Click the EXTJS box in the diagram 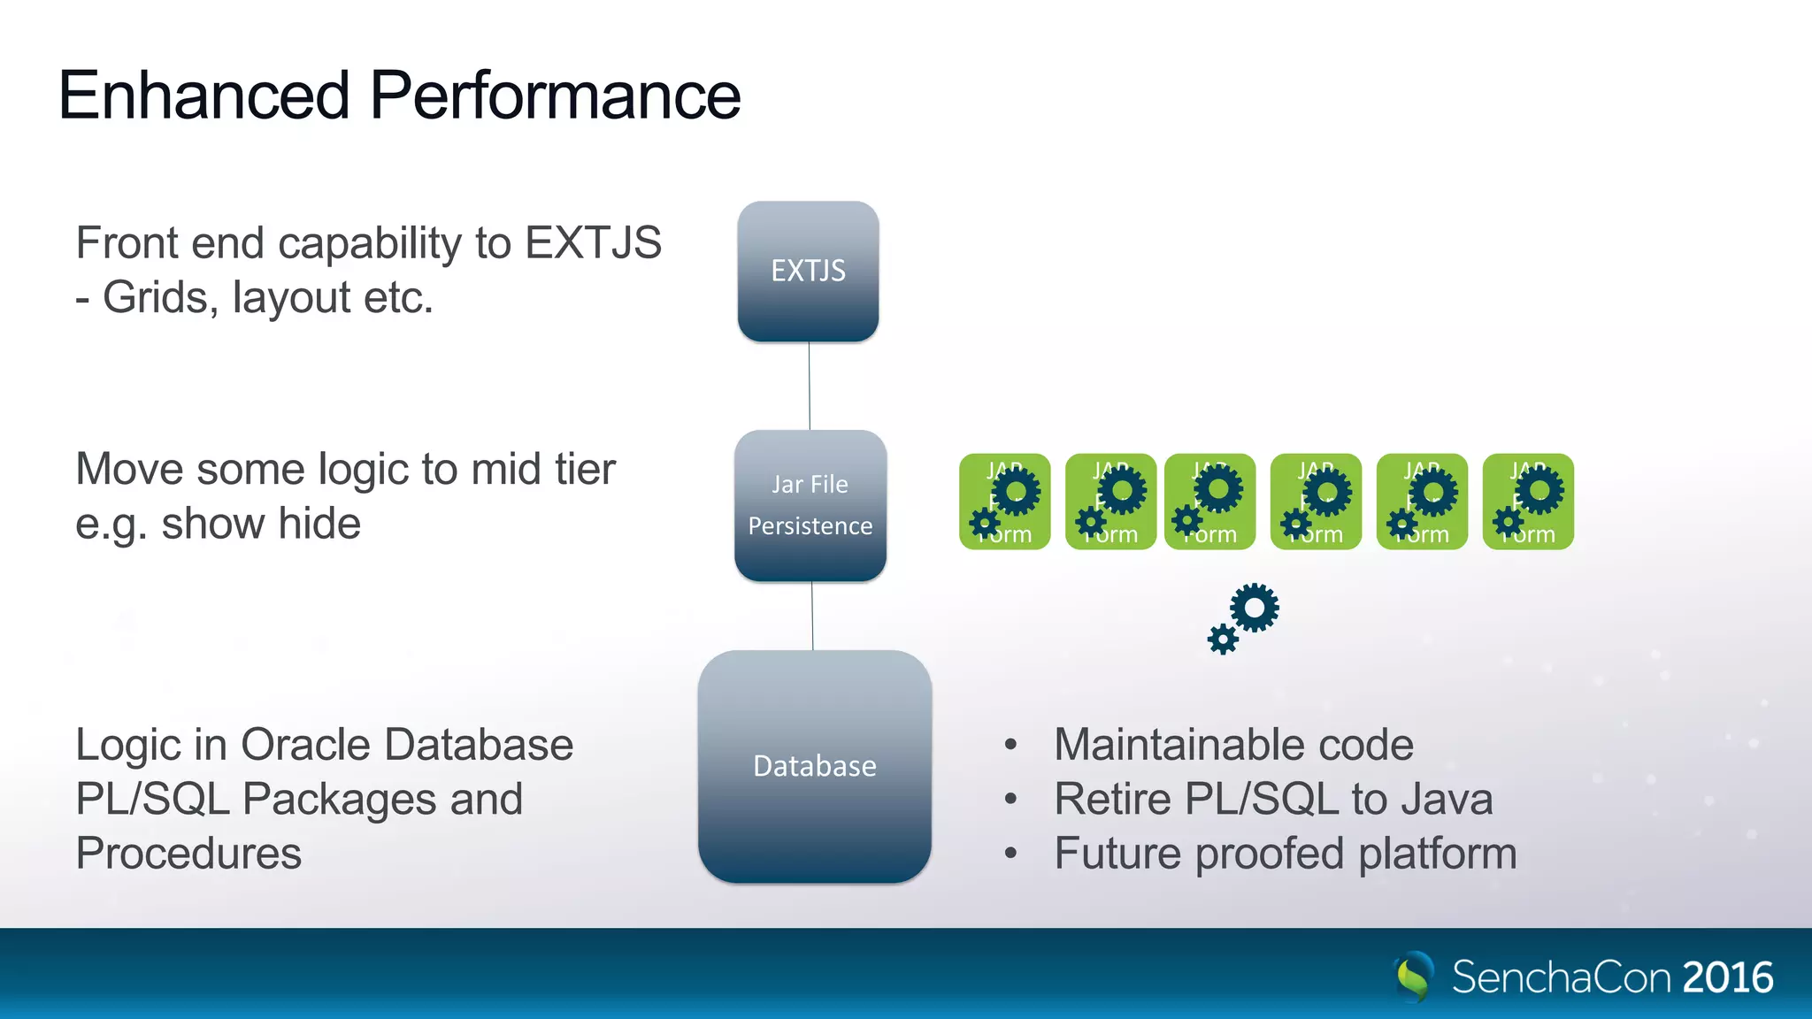pyautogui.click(x=808, y=271)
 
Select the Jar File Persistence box pyautogui.click(x=810, y=505)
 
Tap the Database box pyautogui.click(x=814, y=766)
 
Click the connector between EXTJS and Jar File pyautogui.click(x=809, y=386)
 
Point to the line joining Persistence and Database pyautogui.click(x=812, y=616)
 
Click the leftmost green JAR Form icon pyautogui.click(x=1004, y=502)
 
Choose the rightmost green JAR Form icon pyautogui.click(x=1528, y=502)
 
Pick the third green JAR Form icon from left pyautogui.click(x=1209, y=502)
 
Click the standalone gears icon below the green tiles pyautogui.click(x=1244, y=618)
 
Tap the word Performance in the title pyautogui.click(x=555, y=96)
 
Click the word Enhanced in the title pyautogui.click(x=204, y=96)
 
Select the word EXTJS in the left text pyautogui.click(x=593, y=243)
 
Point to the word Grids pyautogui.click(x=160, y=297)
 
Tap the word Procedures pyautogui.click(x=188, y=854)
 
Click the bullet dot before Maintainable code pyautogui.click(x=1010, y=745)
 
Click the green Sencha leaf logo pyautogui.click(x=1414, y=977)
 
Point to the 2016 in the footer pyautogui.click(x=1727, y=977)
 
